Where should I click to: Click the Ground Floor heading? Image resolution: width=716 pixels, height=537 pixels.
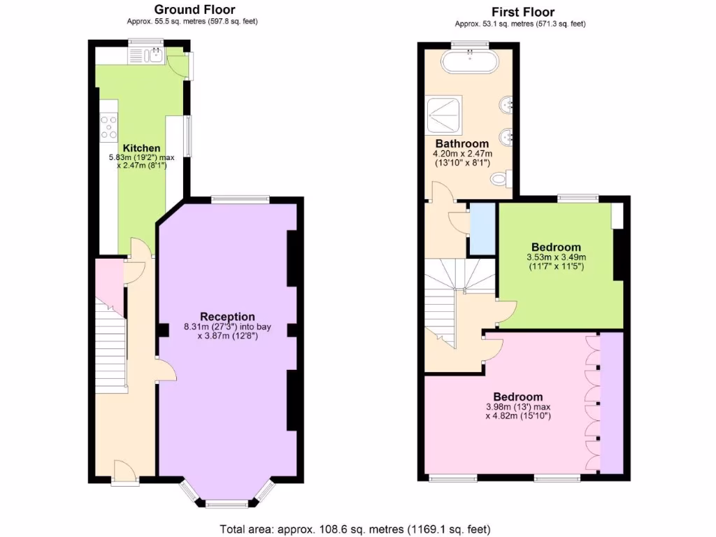coord(194,10)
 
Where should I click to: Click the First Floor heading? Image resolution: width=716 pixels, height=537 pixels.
coord(522,12)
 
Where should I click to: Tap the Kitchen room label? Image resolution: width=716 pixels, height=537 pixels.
coord(141,148)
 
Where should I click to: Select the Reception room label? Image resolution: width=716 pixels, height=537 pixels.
coord(227,317)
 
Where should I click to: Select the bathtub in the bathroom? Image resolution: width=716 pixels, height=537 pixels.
coord(470,62)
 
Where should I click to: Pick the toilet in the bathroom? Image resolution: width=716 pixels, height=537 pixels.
coord(499,179)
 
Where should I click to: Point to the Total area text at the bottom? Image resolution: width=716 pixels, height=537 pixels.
coord(355,529)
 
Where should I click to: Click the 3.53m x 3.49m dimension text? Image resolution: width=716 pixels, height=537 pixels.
coord(556,257)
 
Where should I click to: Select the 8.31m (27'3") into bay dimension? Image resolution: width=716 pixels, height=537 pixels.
coord(227,327)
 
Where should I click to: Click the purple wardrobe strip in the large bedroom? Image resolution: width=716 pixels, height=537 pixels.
coord(611,403)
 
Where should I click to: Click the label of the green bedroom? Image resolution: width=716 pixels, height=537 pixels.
coord(556,247)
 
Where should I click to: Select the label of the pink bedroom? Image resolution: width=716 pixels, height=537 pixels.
coord(518,396)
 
